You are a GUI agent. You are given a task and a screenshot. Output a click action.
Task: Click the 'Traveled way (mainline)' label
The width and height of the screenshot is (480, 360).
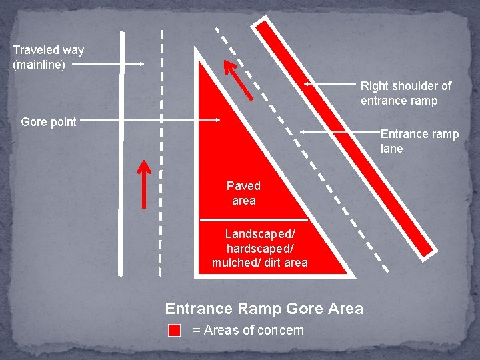point(48,57)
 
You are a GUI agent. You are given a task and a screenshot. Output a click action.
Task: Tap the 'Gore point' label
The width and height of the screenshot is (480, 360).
point(49,122)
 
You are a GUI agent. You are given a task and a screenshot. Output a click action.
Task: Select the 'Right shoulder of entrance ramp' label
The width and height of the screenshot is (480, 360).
point(405,93)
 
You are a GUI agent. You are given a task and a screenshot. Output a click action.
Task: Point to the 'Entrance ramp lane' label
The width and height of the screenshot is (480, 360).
point(419,141)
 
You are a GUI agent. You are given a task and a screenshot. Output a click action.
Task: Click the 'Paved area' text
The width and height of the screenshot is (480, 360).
point(243,193)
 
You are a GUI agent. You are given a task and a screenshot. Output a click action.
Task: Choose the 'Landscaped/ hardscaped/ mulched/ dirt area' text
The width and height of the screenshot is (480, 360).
point(259,248)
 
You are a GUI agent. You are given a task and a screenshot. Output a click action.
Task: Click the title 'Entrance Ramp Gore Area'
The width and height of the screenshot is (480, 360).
point(264,309)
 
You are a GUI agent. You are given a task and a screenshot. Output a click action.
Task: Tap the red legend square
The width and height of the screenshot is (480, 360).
point(175,330)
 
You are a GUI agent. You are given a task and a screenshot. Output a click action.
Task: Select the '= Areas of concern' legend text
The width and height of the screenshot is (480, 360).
point(247,330)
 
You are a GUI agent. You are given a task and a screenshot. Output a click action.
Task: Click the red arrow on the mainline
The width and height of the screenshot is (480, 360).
point(144,183)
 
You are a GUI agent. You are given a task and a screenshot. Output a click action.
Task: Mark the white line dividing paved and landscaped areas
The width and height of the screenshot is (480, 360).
point(253,219)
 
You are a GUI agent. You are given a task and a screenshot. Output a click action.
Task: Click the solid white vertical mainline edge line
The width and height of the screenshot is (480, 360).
point(121,153)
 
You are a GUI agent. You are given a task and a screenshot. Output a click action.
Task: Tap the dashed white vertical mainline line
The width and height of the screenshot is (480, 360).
point(161,153)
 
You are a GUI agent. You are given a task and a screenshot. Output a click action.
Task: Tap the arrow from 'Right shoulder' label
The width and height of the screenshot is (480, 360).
point(330,85)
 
